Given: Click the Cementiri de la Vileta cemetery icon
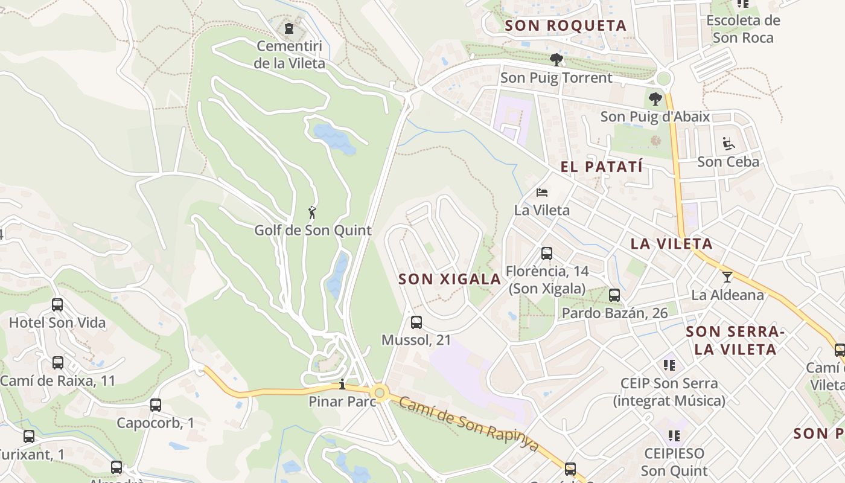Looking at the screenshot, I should point(289,28).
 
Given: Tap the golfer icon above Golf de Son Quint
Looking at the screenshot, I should point(312,213).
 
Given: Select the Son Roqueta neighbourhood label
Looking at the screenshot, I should point(566,25).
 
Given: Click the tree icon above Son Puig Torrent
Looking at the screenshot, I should point(556,59).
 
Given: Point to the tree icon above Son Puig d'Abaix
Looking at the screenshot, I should point(655,99).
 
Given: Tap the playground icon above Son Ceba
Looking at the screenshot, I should point(728,144).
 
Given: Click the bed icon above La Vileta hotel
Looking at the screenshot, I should point(542,193).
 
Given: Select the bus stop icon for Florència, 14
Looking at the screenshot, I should point(547,254).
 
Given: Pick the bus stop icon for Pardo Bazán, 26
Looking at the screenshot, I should point(614,295).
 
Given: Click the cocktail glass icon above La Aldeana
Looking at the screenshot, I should point(727,277).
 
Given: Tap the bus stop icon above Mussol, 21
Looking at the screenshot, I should point(416,322).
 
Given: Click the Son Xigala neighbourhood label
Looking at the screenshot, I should point(450,279).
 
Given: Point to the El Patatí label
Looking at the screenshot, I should point(601,167).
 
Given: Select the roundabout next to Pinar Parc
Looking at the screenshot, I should point(380,393).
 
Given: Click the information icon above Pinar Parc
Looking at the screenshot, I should point(342,384).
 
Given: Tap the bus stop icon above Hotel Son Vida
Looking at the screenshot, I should point(57,305).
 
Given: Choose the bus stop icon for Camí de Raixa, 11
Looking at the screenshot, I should point(58,363).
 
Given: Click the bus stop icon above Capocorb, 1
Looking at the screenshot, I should point(156,405).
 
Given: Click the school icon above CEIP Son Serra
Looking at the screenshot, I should point(669,365).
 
